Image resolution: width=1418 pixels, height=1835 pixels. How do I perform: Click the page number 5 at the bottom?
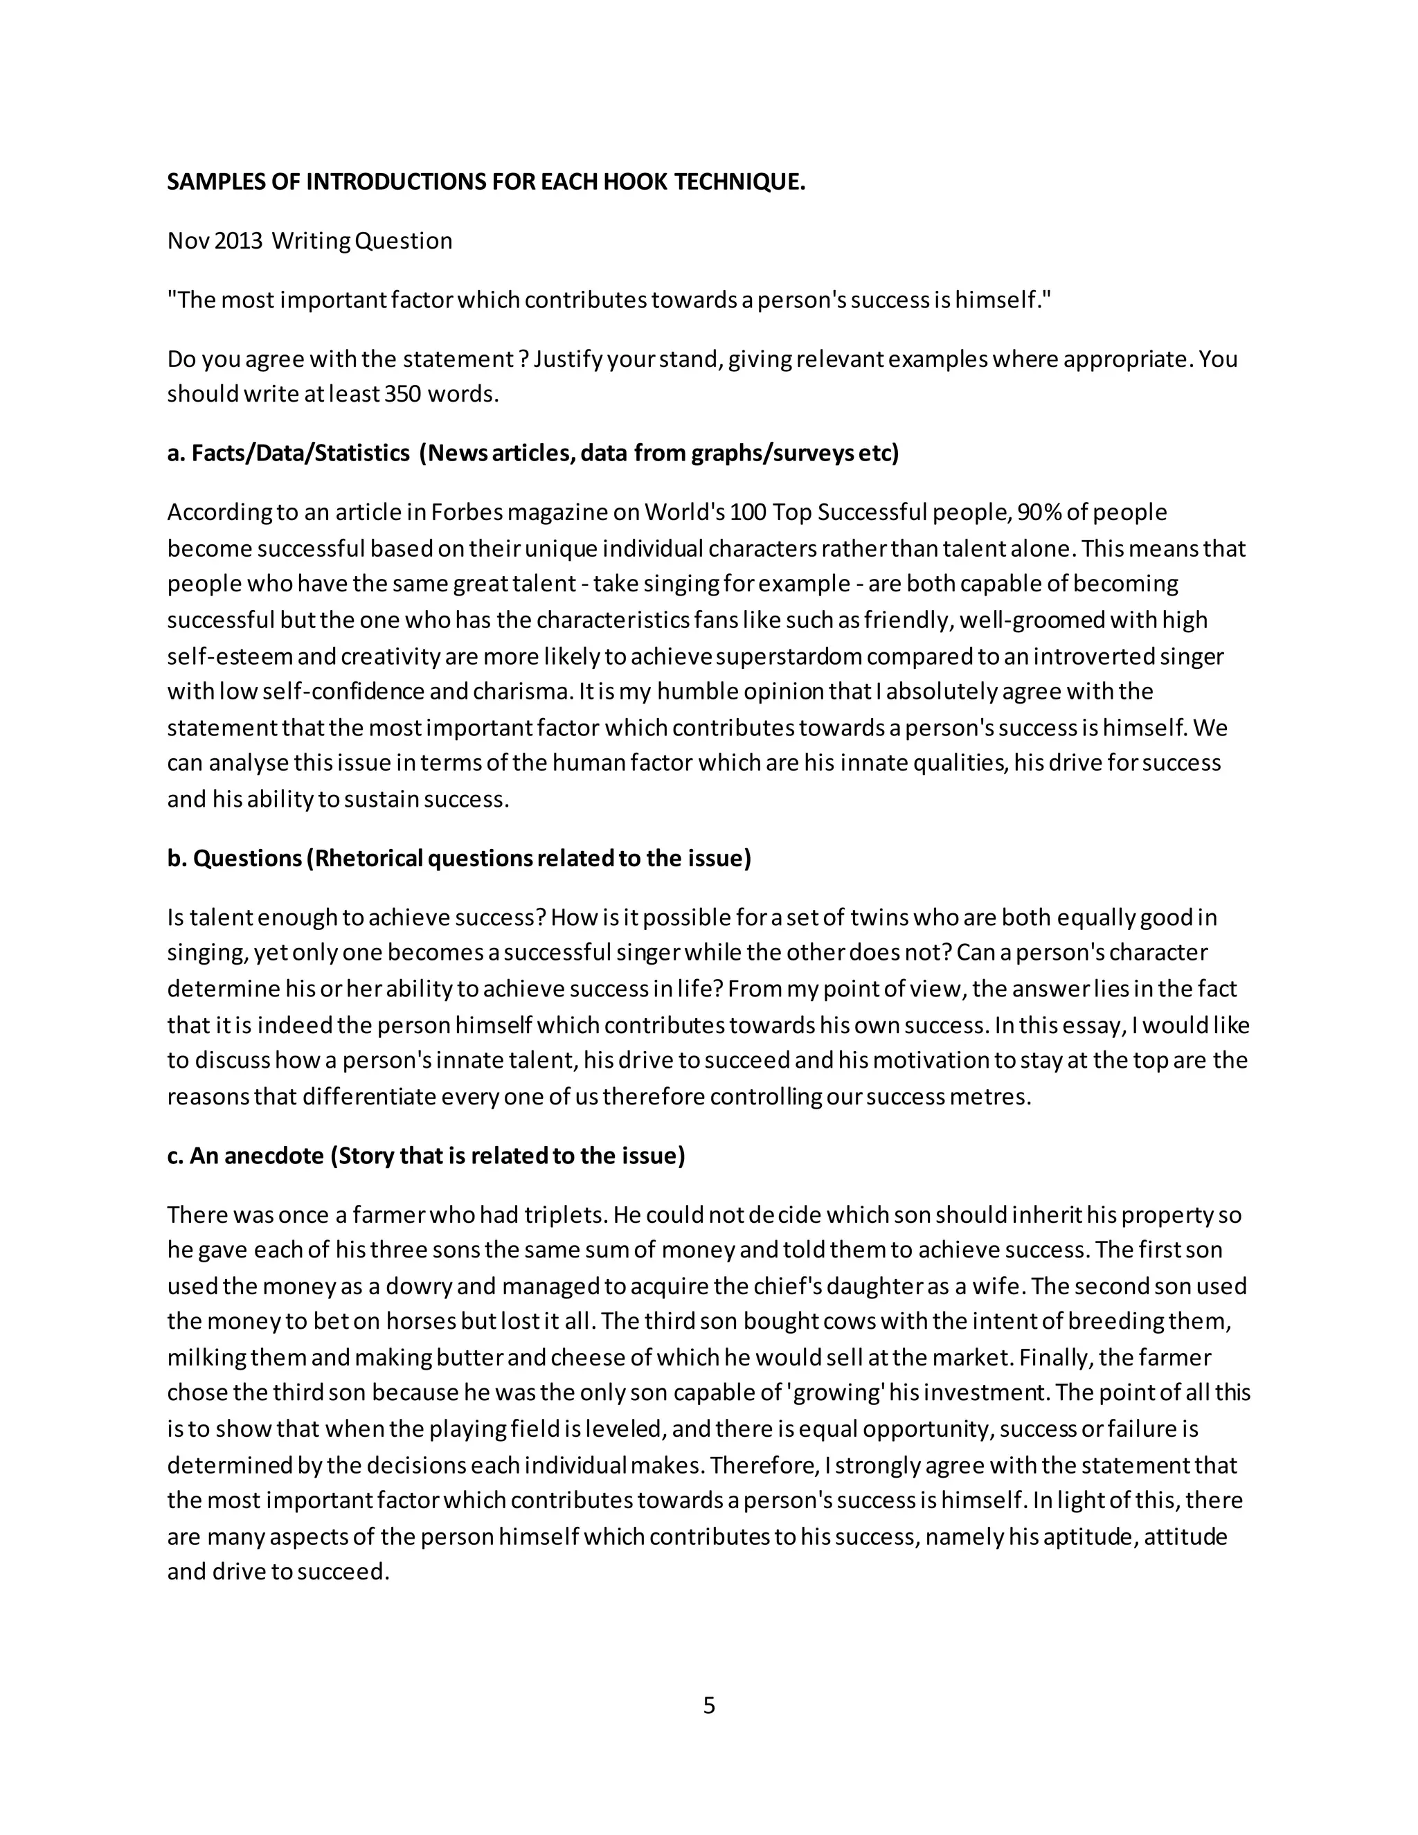pos(708,1706)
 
